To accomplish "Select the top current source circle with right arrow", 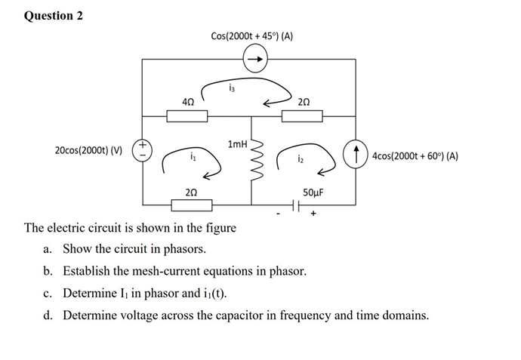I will [x=254, y=57].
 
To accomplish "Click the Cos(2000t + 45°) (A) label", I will [x=252, y=36].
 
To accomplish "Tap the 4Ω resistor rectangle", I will [x=186, y=115].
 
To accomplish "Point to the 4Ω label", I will [x=187, y=100].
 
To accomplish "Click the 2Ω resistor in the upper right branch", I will [x=303, y=115].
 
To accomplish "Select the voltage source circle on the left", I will [x=143, y=149].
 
